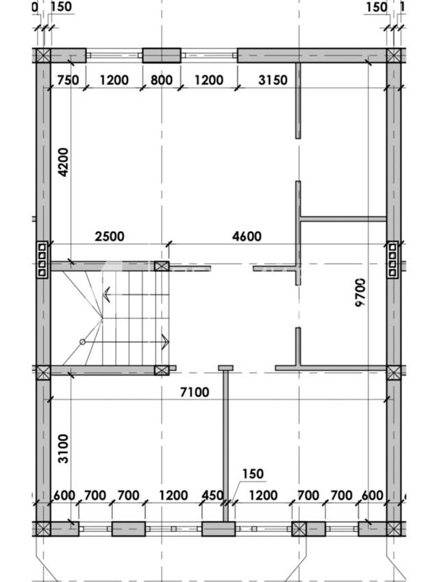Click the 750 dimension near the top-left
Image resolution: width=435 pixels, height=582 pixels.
[68, 80]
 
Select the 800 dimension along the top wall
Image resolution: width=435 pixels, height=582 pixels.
[161, 80]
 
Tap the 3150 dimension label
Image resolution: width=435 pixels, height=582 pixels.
[273, 80]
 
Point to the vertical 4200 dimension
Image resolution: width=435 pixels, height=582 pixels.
[64, 162]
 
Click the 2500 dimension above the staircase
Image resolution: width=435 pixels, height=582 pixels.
[110, 237]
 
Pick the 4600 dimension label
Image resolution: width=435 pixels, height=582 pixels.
[247, 237]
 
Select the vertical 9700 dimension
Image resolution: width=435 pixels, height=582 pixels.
[360, 293]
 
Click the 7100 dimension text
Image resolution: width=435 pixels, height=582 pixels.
[195, 392]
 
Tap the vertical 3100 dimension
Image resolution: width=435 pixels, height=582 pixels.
[64, 449]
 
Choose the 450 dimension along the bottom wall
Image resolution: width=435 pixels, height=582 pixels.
[212, 496]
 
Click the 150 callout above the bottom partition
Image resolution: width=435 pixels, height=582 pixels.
[253, 474]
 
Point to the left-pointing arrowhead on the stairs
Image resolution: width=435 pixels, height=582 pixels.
[106, 295]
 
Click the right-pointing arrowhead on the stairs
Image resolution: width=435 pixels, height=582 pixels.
[165, 342]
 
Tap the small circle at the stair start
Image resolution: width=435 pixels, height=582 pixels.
[83, 342]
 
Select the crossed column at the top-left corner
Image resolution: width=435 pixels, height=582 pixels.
[43, 56]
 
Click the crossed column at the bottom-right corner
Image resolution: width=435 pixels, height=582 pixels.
[393, 529]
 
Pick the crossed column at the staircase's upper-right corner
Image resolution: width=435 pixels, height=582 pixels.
[162, 266]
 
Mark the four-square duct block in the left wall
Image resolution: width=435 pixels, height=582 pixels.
[42, 259]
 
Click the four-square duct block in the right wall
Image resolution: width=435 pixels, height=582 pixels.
[393, 259]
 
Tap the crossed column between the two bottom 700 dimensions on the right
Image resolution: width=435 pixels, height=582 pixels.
[299, 529]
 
